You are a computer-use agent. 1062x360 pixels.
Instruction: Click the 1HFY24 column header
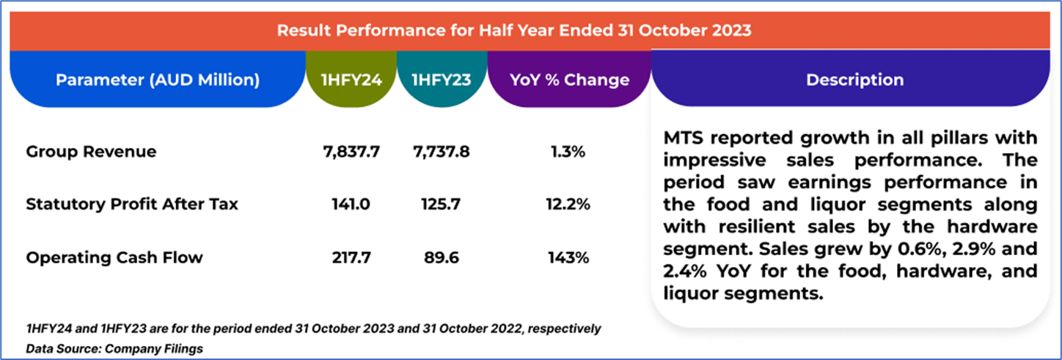point(351,79)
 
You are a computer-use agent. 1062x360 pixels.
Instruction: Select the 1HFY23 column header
point(441,79)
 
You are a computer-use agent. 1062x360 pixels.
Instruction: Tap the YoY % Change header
point(568,79)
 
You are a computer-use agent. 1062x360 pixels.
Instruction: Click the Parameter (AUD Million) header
point(158,79)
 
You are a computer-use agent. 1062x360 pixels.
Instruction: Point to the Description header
point(854,79)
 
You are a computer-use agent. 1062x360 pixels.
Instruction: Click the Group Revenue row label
point(91,152)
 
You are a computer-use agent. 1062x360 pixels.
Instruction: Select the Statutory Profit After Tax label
point(132,205)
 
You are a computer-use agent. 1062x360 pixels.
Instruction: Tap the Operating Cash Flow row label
point(114,257)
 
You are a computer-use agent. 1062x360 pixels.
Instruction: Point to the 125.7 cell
point(441,205)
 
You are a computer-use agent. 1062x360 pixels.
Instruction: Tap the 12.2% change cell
point(568,205)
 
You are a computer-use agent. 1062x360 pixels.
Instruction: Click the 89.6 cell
point(441,257)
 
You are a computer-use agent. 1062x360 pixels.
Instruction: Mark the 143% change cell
point(568,257)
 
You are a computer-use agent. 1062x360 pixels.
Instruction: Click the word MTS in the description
point(684,138)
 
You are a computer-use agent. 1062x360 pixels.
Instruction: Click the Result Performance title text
point(513,31)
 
